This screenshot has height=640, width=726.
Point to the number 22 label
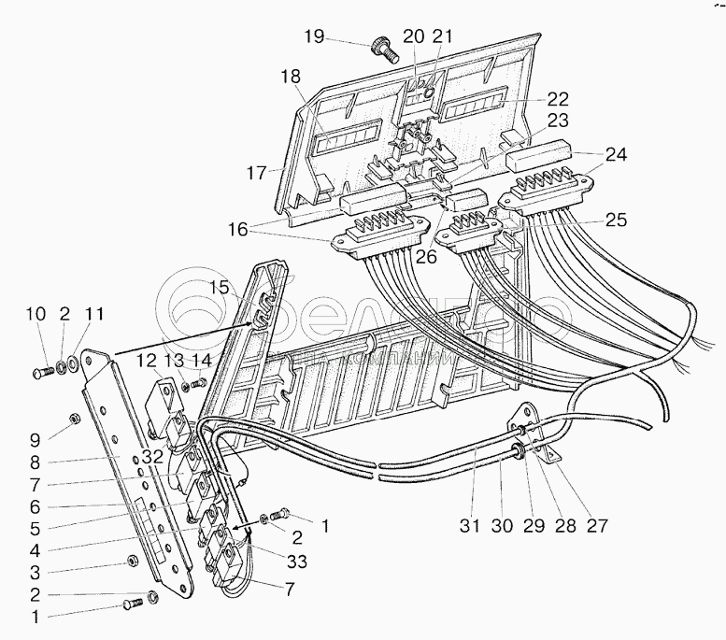point(559,99)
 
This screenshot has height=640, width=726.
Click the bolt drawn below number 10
point(37,374)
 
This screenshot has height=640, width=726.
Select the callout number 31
point(470,527)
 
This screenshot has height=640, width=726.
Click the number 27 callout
point(597,527)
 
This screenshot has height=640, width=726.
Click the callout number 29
point(533,527)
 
